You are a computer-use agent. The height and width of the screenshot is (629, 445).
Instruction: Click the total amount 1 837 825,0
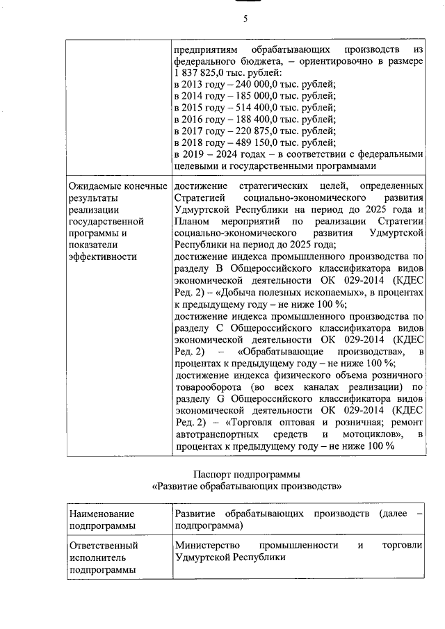pos(198,73)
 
